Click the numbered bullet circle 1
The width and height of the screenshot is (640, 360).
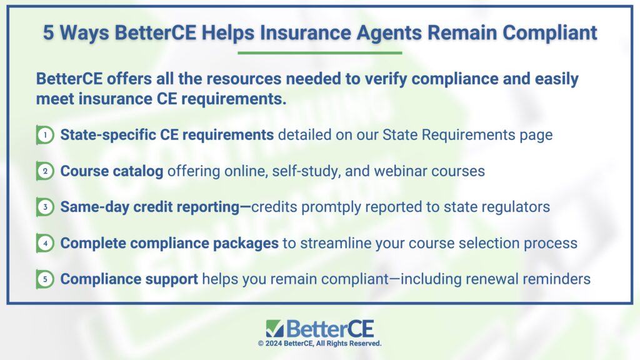tap(45, 135)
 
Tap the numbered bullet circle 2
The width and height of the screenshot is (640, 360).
tap(45, 171)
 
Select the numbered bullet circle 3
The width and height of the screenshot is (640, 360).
tap(45, 207)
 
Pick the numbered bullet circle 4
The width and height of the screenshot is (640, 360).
tap(45, 243)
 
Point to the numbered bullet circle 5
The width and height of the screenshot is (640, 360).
tap(45, 279)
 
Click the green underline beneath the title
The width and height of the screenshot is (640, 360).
tap(319, 52)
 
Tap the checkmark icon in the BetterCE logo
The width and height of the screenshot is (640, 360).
tap(274, 328)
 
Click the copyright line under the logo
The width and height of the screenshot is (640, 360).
tap(319, 344)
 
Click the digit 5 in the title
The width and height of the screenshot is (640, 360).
tap(48, 32)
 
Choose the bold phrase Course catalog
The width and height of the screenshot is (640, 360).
tap(112, 171)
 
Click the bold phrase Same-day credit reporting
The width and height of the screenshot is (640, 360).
tap(150, 207)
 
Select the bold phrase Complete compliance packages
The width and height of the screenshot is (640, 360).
tap(169, 244)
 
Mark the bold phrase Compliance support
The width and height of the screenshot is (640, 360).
tap(129, 279)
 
